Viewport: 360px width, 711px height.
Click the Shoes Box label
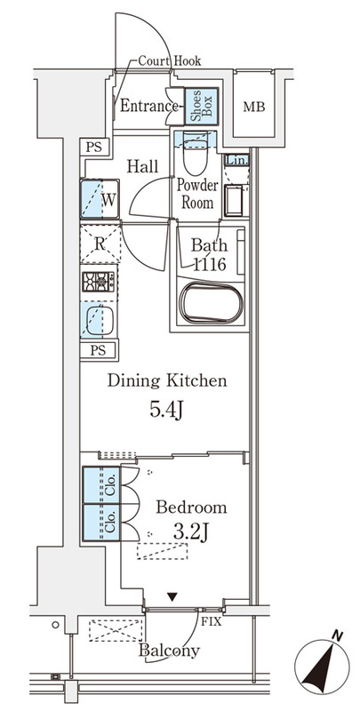pyautogui.click(x=201, y=107)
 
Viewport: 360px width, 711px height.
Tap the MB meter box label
pyautogui.click(x=254, y=108)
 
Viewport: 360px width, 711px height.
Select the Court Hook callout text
pyautogui.click(x=169, y=61)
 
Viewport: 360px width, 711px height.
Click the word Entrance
pyautogui.click(x=148, y=107)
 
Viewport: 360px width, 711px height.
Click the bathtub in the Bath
pyautogui.click(x=210, y=303)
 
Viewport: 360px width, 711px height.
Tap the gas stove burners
pyautogui.click(x=98, y=282)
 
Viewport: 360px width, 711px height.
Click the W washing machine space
pyautogui.click(x=100, y=199)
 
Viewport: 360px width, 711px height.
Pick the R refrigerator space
pyautogui.click(x=100, y=244)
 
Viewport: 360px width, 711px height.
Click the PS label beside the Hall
pyautogui.click(x=95, y=148)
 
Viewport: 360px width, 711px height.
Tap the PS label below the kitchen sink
pyautogui.click(x=98, y=350)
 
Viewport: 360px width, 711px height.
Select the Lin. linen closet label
pyautogui.click(x=236, y=161)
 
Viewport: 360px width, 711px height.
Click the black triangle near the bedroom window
pyautogui.click(x=172, y=597)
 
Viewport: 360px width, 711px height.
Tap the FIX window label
pyautogui.click(x=212, y=621)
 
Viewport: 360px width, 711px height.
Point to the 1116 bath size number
pyautogui.click(x=209, y=264)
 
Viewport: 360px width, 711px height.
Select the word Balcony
pyautogui.click(x=169, y=651)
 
